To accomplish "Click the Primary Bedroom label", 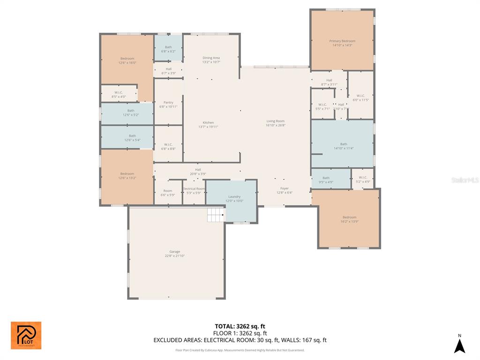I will point(342,41).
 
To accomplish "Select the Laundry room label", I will point(234,197).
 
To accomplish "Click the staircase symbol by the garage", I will point(216,215).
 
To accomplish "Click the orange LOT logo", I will point(26,335).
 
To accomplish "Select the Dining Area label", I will point(211,58).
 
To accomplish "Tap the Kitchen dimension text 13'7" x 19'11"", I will point(209,127).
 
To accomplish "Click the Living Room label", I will point(276,121).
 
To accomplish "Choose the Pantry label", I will point(168,103).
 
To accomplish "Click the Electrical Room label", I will point(194,188).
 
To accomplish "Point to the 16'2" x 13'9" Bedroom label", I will point(349,217).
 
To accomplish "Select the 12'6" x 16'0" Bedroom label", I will point(127,59).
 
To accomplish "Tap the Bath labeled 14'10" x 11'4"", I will point(344,144).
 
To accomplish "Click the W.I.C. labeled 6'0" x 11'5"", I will point(360,96).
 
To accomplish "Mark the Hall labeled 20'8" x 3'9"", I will point(198,170).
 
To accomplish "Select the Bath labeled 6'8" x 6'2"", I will point(168,47).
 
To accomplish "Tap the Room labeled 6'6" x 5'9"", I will point(168,191).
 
